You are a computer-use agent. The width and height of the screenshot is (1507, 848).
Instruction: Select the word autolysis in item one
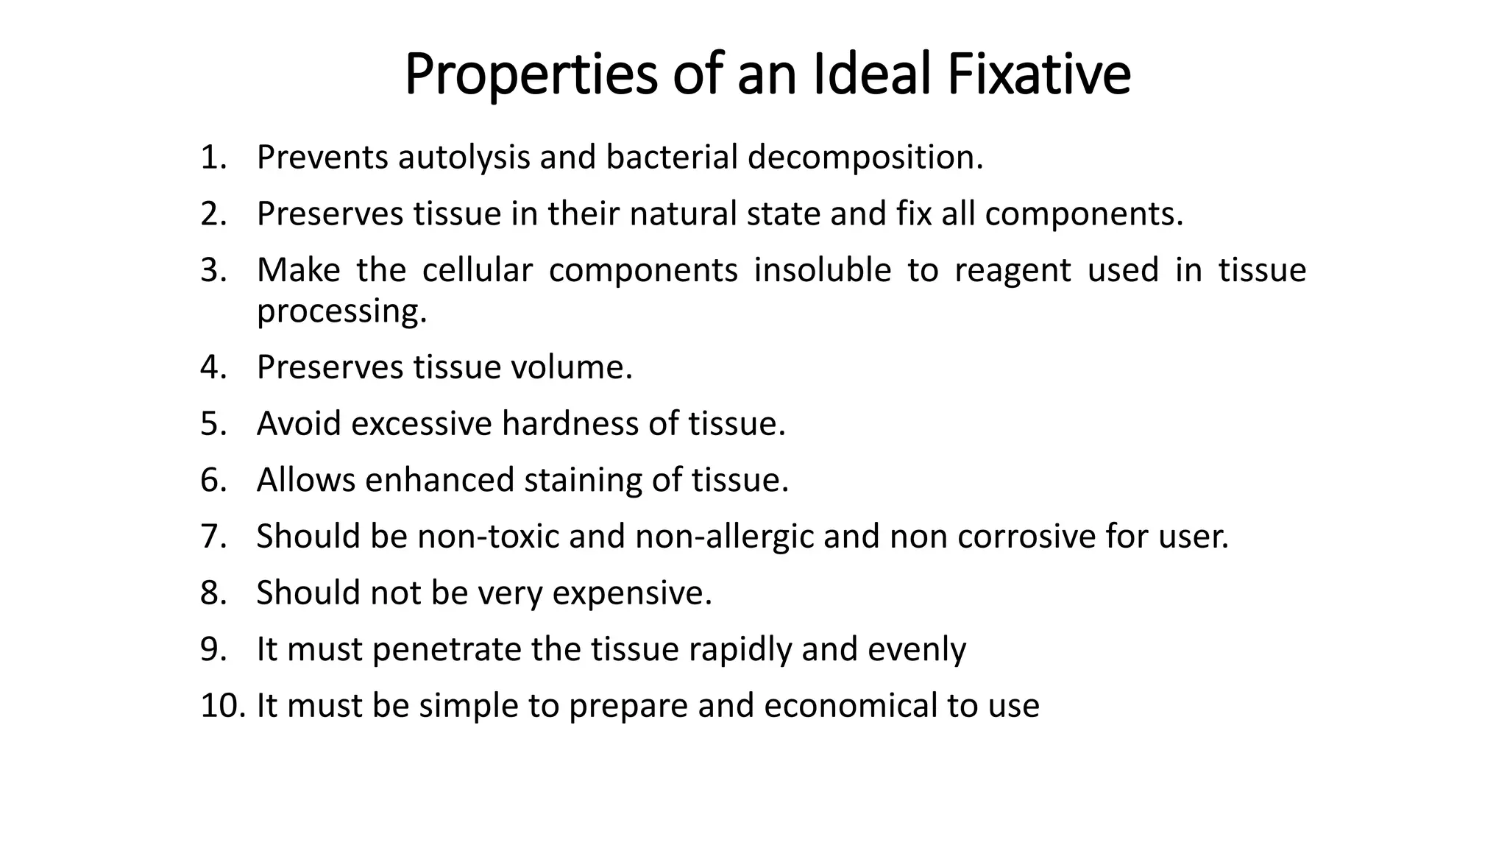click(x=464, y=158)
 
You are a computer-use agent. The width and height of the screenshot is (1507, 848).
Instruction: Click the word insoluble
click(x=822, y=270)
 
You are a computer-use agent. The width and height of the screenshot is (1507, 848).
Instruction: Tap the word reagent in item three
click(x=1013, y=270)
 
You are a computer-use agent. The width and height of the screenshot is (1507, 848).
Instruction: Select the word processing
click(x=341, y=311)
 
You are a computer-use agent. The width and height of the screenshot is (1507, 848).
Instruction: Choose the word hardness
click(x=570, y=424)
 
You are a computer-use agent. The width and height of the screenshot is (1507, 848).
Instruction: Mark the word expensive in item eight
click(x=631, y=593)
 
